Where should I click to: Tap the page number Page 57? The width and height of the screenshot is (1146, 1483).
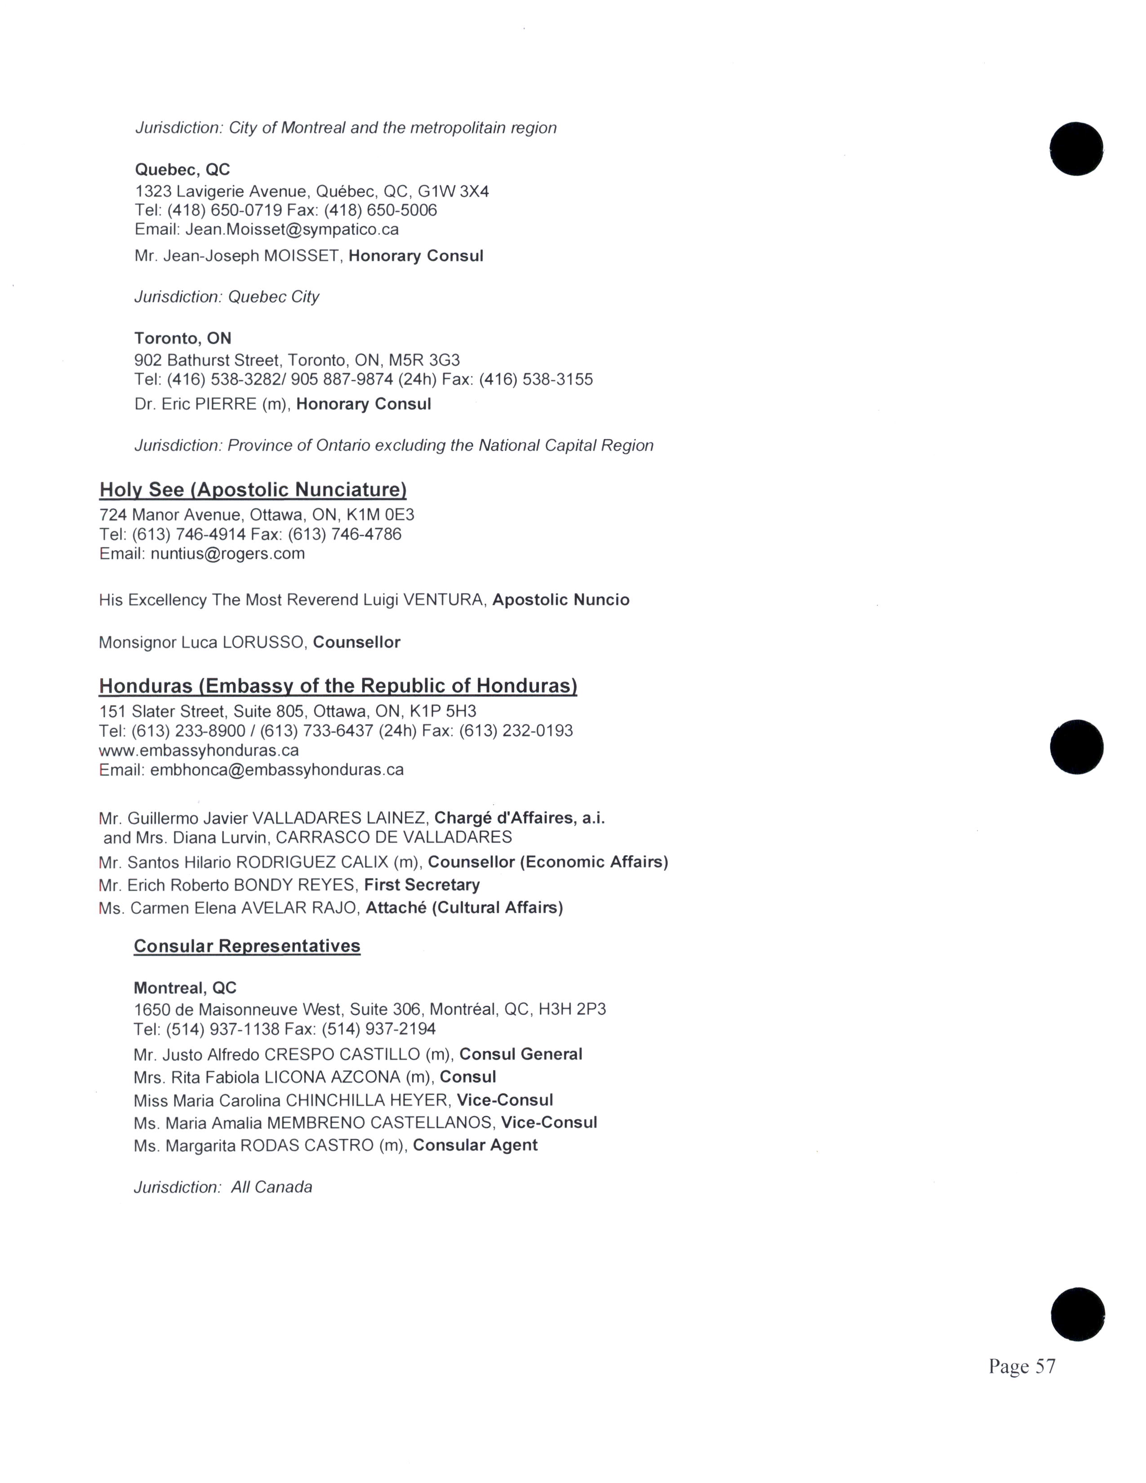[1022, 1366]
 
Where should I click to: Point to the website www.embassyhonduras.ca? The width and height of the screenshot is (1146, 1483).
[199, 750]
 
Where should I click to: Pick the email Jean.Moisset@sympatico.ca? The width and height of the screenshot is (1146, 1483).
[292, 230]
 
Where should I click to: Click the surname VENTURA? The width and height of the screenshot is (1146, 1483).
[444, 600]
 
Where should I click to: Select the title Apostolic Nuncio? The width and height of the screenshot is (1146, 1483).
[561, 600]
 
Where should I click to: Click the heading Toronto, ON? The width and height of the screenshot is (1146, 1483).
[182, 338]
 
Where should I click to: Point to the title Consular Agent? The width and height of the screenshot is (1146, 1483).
[475, 1146]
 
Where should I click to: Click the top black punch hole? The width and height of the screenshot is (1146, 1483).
[1076, 149]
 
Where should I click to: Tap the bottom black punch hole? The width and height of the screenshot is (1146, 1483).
[1077, 1314]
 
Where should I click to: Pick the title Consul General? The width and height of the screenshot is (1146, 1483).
[521, 1055]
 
